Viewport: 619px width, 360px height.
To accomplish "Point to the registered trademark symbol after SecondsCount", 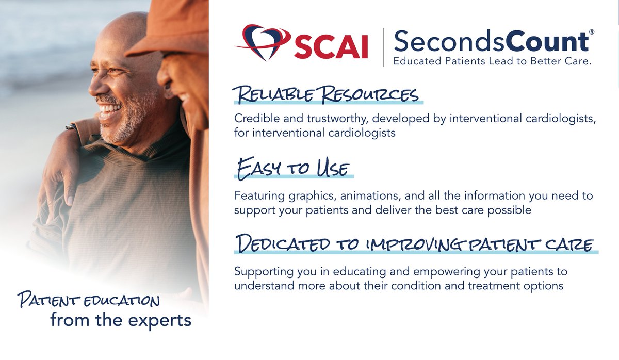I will (591, 32).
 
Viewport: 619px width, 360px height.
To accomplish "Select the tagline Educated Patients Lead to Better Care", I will (492, 61).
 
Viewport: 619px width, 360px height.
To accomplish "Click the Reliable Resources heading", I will (325, 95).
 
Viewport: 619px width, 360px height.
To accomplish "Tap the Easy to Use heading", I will (293, 169).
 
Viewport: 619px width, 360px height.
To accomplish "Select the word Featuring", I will (257, 196).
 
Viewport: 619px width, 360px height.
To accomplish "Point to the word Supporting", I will (260, 271).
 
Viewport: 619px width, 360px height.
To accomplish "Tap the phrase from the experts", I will (121, 320).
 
